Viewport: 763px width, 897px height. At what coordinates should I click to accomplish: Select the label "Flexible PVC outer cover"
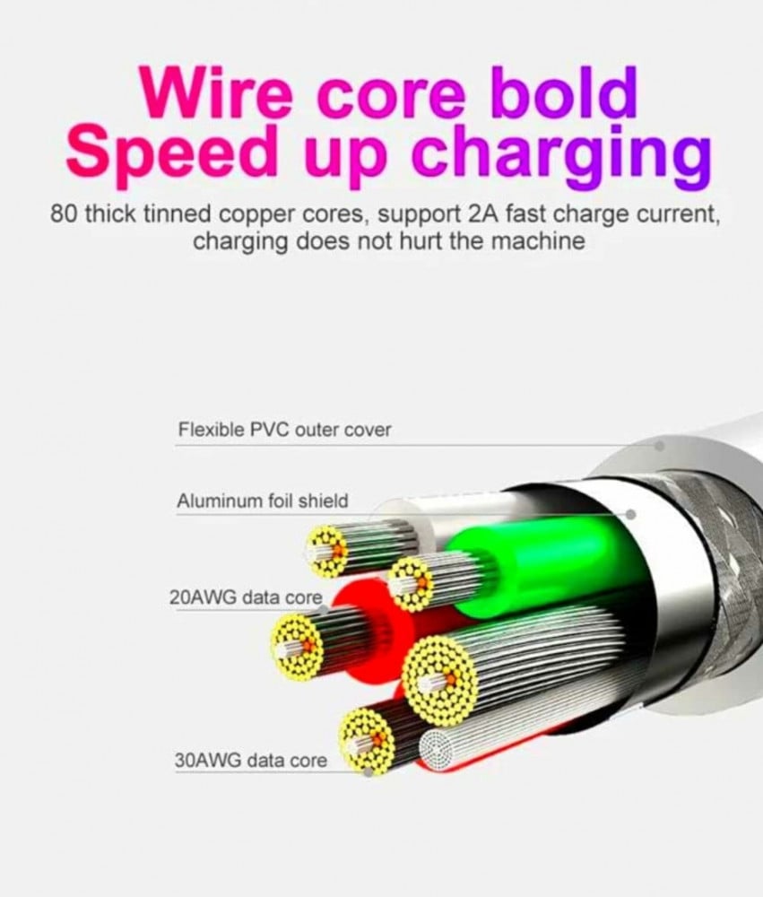coord(284,430)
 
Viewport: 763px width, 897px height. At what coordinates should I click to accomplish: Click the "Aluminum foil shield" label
coord(262,501)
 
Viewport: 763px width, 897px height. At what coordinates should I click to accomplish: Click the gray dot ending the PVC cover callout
coord(660,445)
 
